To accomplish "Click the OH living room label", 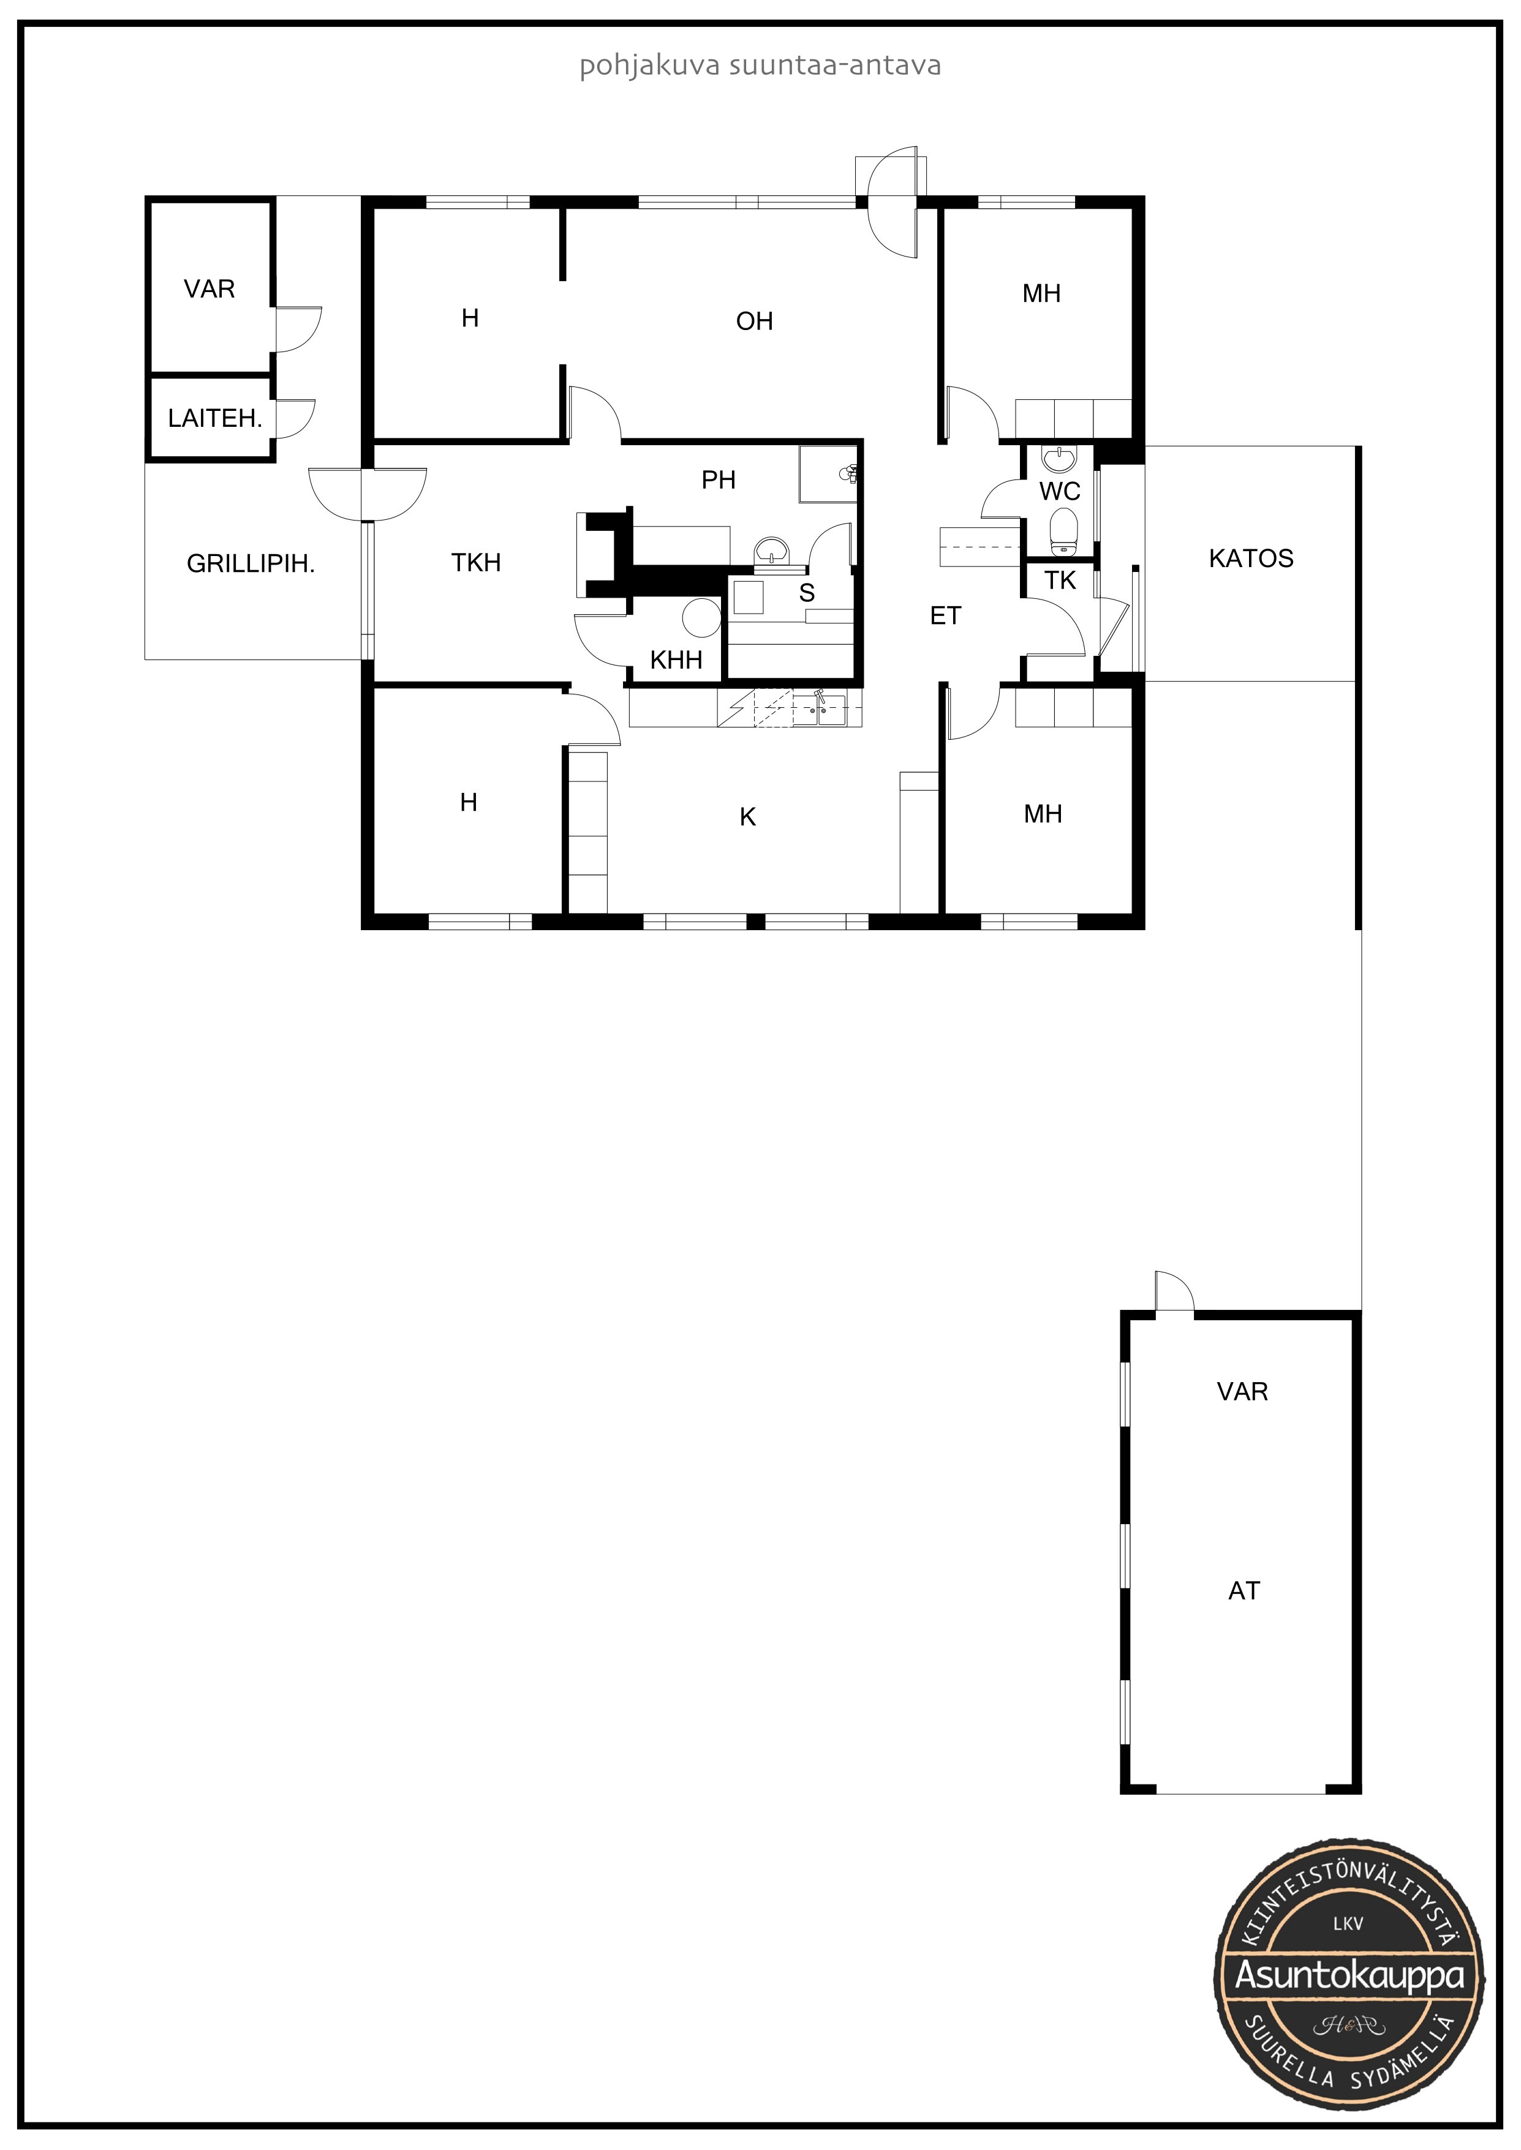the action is click(754, 321).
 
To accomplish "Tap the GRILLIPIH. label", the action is click(251, 564).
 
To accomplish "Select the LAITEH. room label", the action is click(214, 419).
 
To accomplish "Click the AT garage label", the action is click(1244, 1590).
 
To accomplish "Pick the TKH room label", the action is click(476, 563).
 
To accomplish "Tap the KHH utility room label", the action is click(676, 660).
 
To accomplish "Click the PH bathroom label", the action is click(719, 480).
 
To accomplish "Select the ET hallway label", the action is click(946, 615).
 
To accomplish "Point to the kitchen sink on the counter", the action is click(820, 711).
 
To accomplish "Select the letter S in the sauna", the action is click(806, 593).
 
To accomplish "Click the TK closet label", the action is click(1060, 581).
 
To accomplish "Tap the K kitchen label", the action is click(747, 818).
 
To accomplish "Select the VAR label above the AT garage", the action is click(1243, 1391).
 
